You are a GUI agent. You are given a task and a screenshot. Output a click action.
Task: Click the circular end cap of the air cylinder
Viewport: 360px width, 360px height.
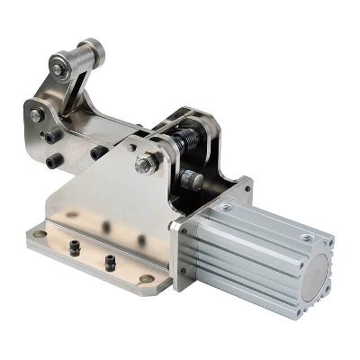tap(317, 287)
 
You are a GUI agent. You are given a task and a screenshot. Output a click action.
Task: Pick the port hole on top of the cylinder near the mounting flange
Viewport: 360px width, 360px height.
tap(226, 208)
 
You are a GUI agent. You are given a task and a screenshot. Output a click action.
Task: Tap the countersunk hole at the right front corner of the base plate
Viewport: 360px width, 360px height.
tap(148, 278)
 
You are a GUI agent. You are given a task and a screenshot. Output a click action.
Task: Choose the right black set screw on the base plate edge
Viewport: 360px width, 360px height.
tap(110, 260)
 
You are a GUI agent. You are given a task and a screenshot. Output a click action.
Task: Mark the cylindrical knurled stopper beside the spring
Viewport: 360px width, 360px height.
tap(191, 179)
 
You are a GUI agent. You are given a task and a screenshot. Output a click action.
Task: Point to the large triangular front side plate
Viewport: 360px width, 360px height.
tap(117, 202)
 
